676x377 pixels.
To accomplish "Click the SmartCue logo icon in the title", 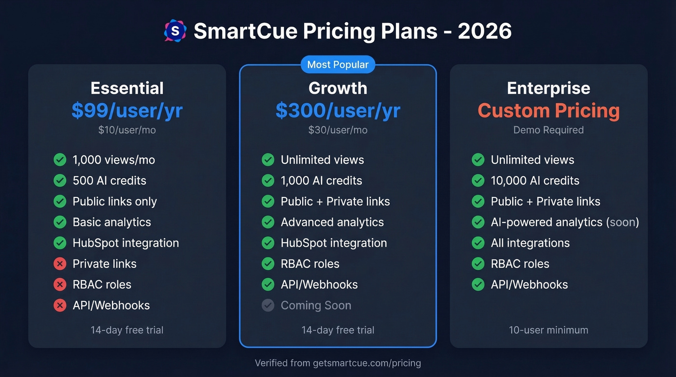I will (175, 31).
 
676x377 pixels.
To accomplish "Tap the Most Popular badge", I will (338, 65).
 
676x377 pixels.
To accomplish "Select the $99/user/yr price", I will (127, 111).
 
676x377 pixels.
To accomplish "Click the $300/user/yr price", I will (338, 111).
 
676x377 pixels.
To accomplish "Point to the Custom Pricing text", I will (549, 111).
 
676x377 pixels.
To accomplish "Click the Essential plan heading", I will (127, 88).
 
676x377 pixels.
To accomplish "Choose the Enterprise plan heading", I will (549, 88).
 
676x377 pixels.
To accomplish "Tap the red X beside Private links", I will (60, 264).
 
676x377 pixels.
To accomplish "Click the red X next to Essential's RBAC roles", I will (60, 284).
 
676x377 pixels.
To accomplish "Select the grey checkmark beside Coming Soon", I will (268, 305).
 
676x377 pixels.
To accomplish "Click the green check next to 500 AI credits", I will (60, 181).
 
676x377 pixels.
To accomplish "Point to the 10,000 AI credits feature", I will (535, 181).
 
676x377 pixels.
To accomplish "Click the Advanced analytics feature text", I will (332, 222).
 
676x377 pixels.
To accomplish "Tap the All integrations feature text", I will (530, 243).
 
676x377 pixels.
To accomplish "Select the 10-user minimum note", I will (549, 330).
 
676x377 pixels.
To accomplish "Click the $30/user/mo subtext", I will (338, 130).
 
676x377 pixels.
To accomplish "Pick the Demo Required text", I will (549, 130).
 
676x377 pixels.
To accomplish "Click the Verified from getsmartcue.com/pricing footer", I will (338, 363).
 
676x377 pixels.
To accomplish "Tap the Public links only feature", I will (114, 201).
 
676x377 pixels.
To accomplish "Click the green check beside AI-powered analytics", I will (478, 222).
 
